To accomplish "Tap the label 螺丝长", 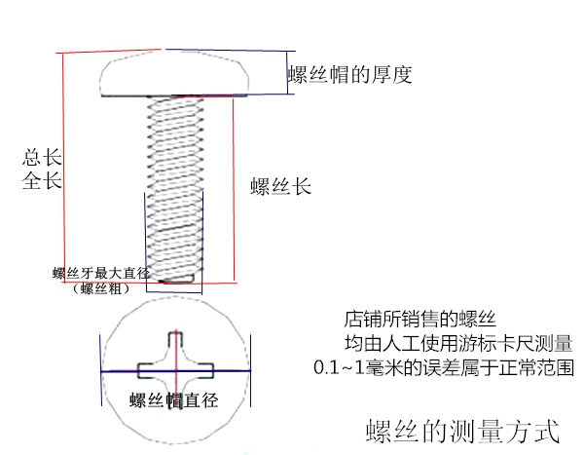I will (280, 186).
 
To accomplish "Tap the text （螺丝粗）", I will (99, 288).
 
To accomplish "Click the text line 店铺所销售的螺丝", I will (420, 319).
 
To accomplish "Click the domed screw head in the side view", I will (173, 75).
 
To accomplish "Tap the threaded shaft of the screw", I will (174, 185).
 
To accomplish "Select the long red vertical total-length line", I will (63, 166).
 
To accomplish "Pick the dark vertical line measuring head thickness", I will (286, 71).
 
